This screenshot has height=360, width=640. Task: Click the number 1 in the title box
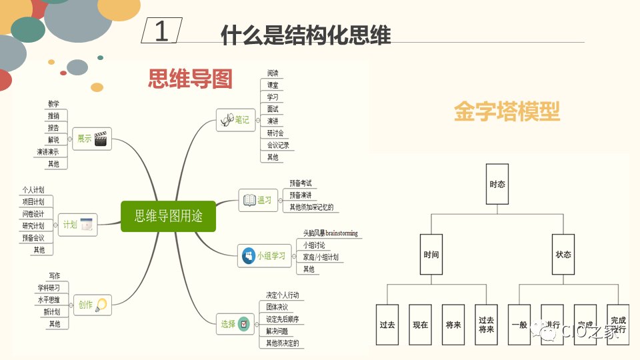[162, 31]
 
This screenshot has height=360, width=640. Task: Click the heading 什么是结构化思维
[305, 34]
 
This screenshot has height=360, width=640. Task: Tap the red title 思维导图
[190, 79]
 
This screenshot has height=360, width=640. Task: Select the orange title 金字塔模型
[507, 111]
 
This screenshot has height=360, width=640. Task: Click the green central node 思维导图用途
[168, 216]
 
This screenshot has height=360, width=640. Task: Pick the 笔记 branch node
[235, 120]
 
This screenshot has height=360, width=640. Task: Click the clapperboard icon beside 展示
[101, 139]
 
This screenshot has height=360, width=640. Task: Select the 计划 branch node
[78, 225]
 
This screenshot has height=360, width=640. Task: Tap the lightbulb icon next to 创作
[101, 305]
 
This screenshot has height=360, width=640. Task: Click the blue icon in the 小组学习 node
[248, 255]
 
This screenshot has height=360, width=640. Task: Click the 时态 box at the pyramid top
[497, 185]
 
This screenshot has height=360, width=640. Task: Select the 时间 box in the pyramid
[431, 255]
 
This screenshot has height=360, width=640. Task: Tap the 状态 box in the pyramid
[563, 255]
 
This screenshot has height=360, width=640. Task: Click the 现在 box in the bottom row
[420, 325]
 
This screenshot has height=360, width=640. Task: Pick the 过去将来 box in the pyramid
[486, 325]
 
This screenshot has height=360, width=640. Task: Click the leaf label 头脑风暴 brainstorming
[330, 233]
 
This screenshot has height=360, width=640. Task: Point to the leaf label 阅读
[273, 73]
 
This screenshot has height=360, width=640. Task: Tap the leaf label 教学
[53, 103]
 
